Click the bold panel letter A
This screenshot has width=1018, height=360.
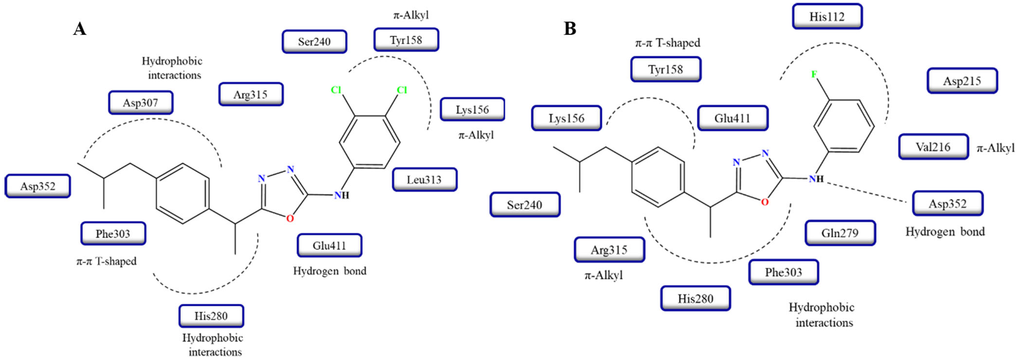[80, 29]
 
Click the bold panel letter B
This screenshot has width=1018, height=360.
[569, 28]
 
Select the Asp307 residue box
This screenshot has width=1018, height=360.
[141, 103]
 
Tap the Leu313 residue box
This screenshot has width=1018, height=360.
[425, 180]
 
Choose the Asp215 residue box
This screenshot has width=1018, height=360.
[962, 81]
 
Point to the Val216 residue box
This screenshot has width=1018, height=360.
[933, 147]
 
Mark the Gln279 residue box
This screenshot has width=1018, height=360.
[840, 233]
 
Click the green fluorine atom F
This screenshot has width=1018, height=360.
[814, 74]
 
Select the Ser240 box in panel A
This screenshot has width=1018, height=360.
[314, 42]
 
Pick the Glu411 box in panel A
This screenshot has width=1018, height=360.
[329, 245]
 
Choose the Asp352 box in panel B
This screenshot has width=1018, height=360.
[947, 204]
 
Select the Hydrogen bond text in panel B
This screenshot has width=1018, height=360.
[945, 232]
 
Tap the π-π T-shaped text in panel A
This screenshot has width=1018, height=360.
[106, 261]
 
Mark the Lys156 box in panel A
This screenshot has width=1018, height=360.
[472, 109]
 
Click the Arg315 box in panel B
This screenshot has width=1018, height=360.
[609, 250]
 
